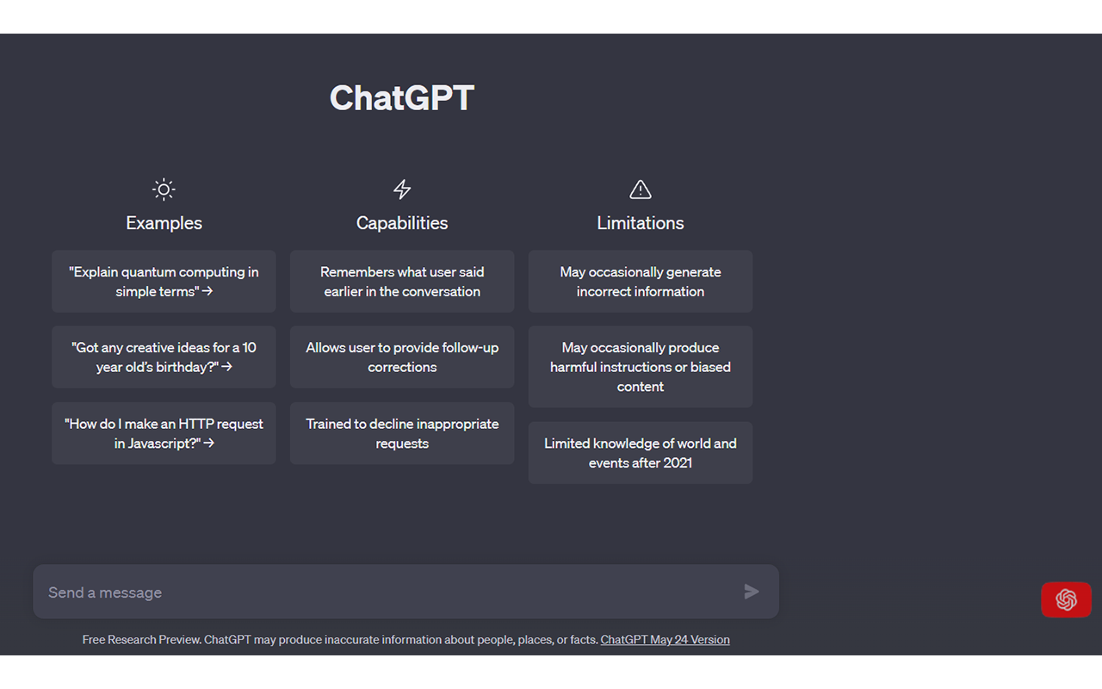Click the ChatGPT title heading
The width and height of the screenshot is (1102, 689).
[x=402, y=97]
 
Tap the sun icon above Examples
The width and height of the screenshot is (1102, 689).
[x=164, y=189]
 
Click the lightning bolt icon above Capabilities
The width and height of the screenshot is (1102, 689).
[x=402, y=189]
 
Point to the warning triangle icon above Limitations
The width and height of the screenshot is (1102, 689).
[x=640, y=189]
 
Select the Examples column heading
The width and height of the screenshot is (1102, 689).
[x=164, y=223]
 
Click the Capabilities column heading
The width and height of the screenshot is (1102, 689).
[x=402, y=223]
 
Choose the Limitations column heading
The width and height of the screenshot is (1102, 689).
[x=640, y=223]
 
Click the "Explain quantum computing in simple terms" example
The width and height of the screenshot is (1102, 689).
[x=164, y=282]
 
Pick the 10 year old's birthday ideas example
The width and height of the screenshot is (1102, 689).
[x=164, y=357]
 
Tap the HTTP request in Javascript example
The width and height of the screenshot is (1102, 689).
[x=164, y=433]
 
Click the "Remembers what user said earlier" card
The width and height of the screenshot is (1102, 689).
[x=402, y=282]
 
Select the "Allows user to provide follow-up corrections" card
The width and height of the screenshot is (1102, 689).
[x=402, y=357]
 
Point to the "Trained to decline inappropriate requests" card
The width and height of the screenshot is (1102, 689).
[x=402, y=433]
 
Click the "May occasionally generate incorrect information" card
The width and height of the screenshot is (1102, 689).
[x=640, y=282]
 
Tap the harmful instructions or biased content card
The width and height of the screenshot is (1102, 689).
[x=640, y=367]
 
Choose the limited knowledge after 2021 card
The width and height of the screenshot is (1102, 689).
[x=640, y=453]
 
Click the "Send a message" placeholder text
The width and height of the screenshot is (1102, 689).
[x=105, y=593]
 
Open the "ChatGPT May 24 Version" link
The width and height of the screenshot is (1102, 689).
[x=666, y=640]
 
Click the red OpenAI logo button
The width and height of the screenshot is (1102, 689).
[x=1066, y=600]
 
